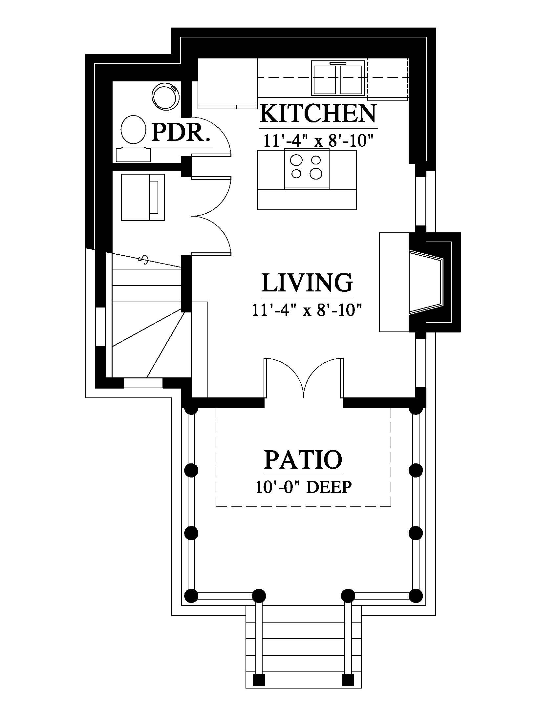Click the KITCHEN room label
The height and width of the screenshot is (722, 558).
[318, 114]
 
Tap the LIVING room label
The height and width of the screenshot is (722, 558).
[307, 283]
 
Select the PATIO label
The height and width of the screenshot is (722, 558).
[303, 459]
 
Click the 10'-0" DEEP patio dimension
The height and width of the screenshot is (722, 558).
[303, 487]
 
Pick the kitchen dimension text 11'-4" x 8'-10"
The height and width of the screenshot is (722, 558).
[318, 140]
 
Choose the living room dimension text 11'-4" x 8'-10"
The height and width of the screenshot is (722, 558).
[307, 310]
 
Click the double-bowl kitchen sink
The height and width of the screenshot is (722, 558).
[338, 78]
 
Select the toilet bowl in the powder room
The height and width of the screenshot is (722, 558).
[133, 130]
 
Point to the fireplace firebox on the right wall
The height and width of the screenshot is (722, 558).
[426, 282]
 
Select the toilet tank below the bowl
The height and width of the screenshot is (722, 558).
[134, 154]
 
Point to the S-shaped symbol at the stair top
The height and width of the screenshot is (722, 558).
[144, 260]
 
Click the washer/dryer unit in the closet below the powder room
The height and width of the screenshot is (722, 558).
[143, 197]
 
